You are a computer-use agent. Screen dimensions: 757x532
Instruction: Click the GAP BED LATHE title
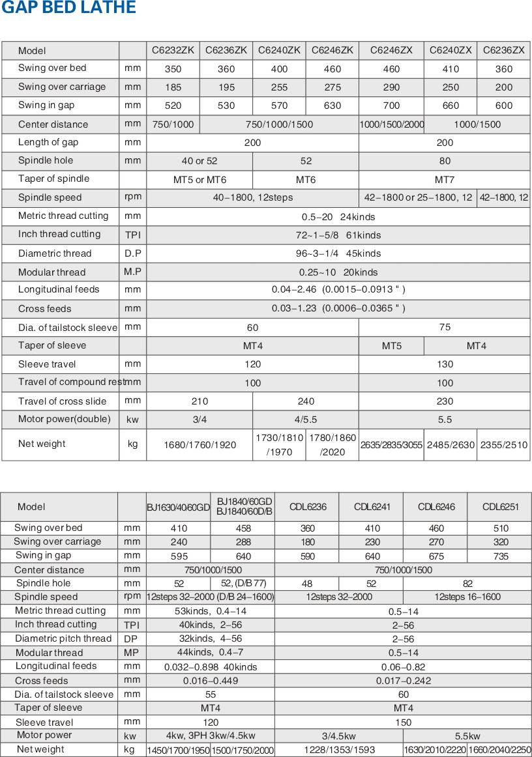point(68,8)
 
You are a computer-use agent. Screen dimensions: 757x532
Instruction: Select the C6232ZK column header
point(173,50)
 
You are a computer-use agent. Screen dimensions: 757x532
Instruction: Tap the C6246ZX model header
point(391,50)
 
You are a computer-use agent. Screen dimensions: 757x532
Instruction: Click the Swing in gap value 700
point(391,106)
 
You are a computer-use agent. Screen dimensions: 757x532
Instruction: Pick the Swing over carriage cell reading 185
point(173,87)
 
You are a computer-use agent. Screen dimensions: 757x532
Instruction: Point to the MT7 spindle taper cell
point(444,179)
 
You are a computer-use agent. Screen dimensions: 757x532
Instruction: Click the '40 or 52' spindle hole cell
point(199,161)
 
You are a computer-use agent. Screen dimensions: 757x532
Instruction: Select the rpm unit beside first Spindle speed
point(133,197)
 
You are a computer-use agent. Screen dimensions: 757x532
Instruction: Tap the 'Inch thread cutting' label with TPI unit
point(59,234)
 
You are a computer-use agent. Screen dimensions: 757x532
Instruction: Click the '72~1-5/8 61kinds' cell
point(338,235)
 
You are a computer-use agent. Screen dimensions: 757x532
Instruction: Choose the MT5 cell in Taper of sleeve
point(391,346)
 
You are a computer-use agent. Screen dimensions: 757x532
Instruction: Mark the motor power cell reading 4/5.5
point(306,420)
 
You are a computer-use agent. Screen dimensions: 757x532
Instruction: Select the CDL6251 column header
point(500,507)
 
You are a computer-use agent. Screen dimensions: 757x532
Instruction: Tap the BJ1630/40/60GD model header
point(178,507)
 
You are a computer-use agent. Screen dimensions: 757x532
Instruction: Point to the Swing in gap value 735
point(500,556)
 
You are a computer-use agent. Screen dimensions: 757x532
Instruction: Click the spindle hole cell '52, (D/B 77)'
point(243,584)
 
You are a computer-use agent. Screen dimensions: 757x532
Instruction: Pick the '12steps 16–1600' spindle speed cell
point(467,597)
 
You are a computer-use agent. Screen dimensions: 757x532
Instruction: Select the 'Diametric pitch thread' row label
point(63,638)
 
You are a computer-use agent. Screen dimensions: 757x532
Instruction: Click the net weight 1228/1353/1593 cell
point(338,750)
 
